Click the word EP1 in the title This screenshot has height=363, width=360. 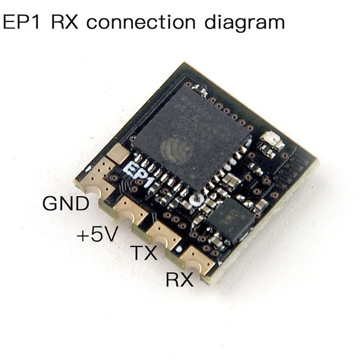[21, 22]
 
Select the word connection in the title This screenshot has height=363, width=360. [141, 22]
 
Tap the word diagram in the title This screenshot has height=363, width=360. [245, 24]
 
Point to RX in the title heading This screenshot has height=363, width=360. [65, 22]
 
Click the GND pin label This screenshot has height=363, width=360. [66, 203]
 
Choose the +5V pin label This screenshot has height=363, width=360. [97, 234]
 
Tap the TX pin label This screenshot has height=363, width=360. [144, 253]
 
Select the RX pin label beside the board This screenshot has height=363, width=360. [179, 279]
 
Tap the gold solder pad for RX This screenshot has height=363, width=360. [198, 260]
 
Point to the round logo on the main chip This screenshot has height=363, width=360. [177, 149]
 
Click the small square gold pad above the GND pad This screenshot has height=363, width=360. [119, 153]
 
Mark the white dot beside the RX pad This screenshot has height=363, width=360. [178, 249]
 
